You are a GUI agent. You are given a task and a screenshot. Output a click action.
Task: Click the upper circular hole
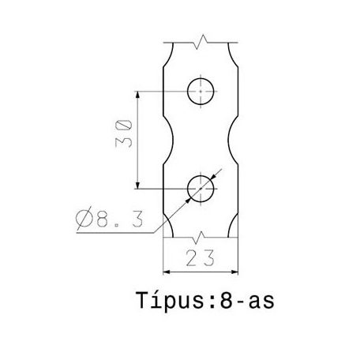(x=201, y=92)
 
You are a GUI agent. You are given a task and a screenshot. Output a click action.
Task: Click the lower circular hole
(x=201, y=188)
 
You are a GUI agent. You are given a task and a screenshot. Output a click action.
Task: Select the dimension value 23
(x=201, y=259)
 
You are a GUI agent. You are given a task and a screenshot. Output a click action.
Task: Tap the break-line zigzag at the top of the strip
(x=203, y=39)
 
